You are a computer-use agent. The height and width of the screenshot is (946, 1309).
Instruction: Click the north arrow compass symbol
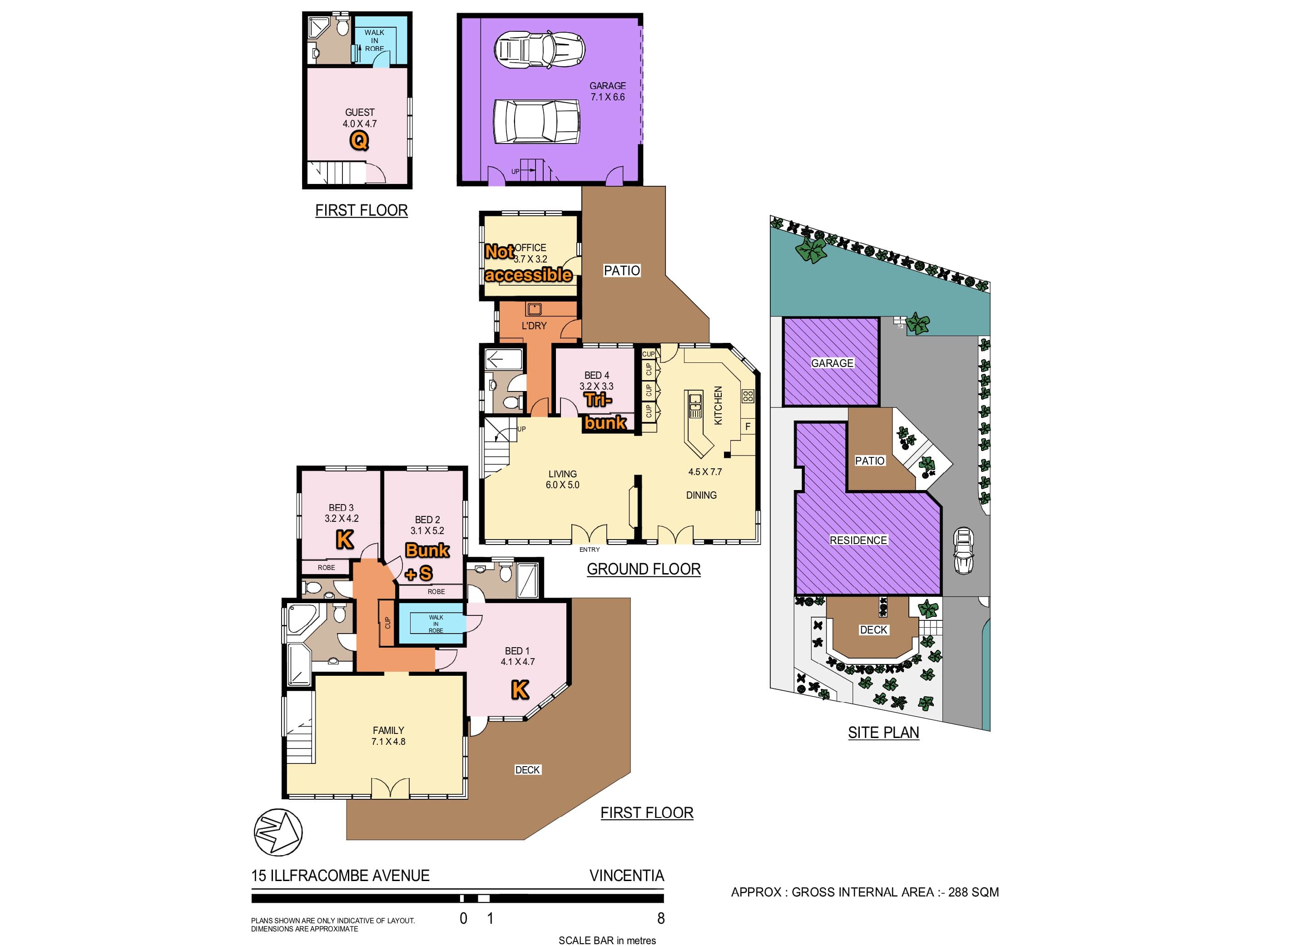(278, 832)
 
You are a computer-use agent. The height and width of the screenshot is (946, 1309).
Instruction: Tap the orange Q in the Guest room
(359, 140)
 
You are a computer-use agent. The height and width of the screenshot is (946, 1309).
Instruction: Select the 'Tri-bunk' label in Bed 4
(604, 411)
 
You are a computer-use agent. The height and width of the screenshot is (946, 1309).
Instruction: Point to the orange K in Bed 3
(345, 540)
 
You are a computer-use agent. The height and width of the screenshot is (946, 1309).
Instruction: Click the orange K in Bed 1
(520, 689)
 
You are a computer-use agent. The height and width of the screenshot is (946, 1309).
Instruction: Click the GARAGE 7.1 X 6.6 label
(607, 91)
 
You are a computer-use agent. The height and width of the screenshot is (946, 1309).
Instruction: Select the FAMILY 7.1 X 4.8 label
(388, 736)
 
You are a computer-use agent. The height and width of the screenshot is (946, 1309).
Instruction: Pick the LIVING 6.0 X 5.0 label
(562, 479)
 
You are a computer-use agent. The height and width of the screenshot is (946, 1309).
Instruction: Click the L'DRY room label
(534, 326)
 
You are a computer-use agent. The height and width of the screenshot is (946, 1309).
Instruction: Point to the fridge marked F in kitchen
(748, 426)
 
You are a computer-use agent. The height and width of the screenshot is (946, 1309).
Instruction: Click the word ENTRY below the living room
(589, 550)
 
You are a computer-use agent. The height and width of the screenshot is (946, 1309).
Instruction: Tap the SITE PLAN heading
(883, 733)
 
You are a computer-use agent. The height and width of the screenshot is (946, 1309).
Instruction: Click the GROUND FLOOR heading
(644, 569)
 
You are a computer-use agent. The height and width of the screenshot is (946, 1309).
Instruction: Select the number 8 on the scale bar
(661, 918)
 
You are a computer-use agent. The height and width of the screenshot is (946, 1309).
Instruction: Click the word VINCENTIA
(627, 876)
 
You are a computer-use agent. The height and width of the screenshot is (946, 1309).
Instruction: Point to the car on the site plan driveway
(963, 550)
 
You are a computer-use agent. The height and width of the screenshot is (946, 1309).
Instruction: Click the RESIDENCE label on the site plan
(858, 540)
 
